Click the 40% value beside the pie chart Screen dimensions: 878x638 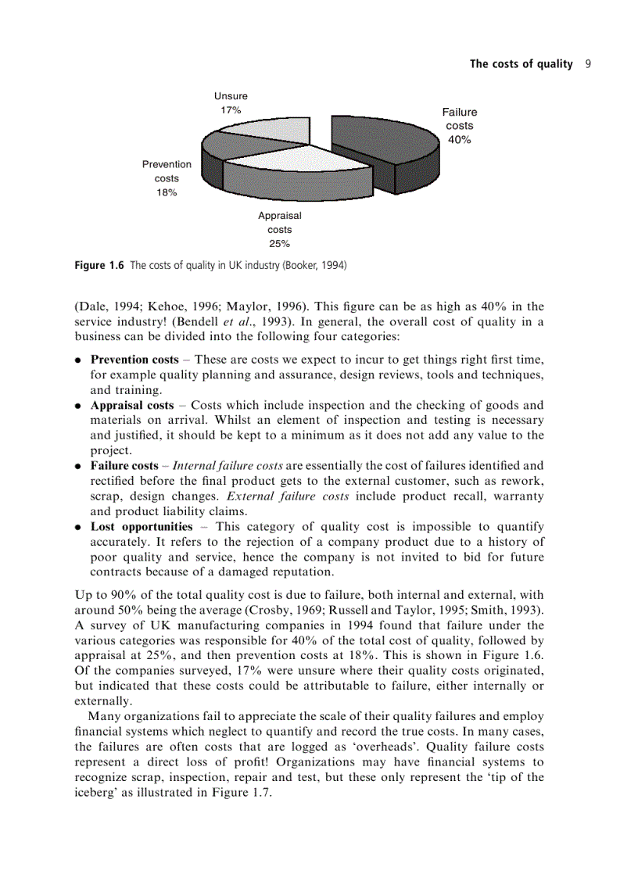(459, 140)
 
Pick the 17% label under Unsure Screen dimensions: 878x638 (230, 110)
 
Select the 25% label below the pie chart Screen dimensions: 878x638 (279, 243)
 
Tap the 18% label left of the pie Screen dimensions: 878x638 (166, 192)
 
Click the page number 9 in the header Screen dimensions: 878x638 (586, 64)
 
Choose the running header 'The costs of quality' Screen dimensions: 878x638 (521, 64)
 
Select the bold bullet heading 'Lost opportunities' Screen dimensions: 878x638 (142, 526)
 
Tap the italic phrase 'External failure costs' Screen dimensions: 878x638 (287, 496)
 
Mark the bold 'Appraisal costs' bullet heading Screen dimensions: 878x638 (132, 405)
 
